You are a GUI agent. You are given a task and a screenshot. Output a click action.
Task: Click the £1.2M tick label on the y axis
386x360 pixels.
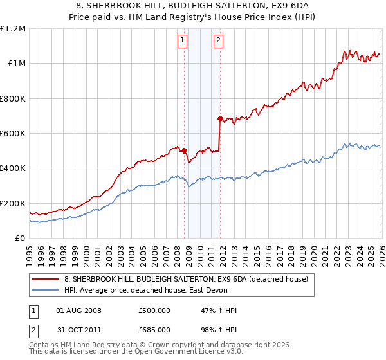(x=13, y=29)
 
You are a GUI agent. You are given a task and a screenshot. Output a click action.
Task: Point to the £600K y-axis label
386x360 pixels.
(x=13, y=134)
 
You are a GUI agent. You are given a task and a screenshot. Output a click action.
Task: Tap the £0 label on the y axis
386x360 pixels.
(x=21, y=239)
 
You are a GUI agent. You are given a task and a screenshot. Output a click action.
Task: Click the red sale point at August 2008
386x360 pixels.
(x=184, y=150)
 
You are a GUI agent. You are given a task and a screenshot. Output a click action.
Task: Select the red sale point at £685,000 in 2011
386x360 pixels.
(x=220, y=118)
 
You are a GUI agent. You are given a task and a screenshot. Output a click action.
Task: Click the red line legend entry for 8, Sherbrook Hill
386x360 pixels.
(x=186, y=279)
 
